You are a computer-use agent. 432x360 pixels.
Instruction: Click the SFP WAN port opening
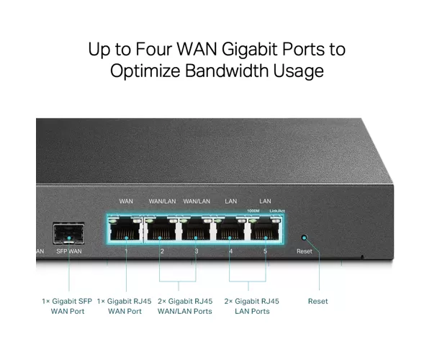pyautogui.click(x=69, y=234)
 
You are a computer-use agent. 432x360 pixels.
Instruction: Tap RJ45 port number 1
pyautogui.click(x=125, y=229)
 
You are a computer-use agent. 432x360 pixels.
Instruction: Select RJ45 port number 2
pyautogui.click(x=161, y=229)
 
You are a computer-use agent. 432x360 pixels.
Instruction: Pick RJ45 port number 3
pyautogui.click(x=196, y=229)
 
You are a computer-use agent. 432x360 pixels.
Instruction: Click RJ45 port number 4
pyautogui.click(x=230, y=229)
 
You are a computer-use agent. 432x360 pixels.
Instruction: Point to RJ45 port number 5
pyautogui.click(x=265, y=229)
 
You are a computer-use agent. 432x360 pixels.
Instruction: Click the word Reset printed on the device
pyautogui.click(x=305, y=251)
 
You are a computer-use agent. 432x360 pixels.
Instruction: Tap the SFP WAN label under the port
pyautogui.click(x=69, y=251)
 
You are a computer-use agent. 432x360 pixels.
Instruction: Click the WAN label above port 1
pyautogui.click(x=126, y=202)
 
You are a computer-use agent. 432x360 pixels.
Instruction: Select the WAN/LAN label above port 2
pyautogui.click(x=162, y=202)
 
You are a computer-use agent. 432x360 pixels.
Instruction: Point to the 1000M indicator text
pyautogui.click(x=253, y=211)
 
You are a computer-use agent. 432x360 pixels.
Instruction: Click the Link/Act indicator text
pyautogui.click(x=277, y=211)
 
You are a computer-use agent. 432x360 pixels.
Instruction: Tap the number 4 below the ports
pyautogui.click(x=231, y=251)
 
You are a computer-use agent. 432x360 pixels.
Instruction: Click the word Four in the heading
pyautogui.click(x=153, y=49)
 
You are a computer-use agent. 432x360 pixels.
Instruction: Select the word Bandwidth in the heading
pyautogui.click(x=226, y=71)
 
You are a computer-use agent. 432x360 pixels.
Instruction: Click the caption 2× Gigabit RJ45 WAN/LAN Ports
pyautogui.click(x=185, y=306)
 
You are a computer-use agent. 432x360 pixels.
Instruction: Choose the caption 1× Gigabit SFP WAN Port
pyautogui.click(x=67, y=306)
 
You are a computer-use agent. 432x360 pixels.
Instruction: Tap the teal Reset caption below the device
pyautogui.click(x=318, y=301)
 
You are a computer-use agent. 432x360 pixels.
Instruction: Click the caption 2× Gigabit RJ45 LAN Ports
pyautogui.click(x=252, y=306)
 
